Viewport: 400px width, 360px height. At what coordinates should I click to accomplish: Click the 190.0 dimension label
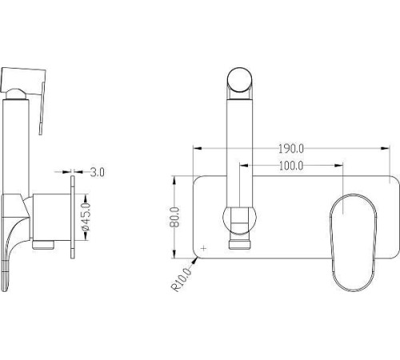pyautogui.click(x=291, y=149)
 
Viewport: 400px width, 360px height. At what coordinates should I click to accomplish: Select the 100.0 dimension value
pyautogui.click(x=291, y=166)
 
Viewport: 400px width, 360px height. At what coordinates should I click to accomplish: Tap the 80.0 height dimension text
pyautogui.click(x=174, y=217)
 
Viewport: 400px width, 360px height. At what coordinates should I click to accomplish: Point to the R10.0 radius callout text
pyautogui.click(x=182, y=279)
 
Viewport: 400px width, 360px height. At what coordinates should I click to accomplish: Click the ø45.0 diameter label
pyautogui.click(x=86, y=217)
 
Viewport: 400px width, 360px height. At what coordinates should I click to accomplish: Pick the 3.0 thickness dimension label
pyautogui.click(x=97, y=172)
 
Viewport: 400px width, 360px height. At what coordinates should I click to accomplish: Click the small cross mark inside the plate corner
pyautogui.click(x=204, y=249)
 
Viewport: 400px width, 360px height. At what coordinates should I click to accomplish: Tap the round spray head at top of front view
pyautogui.click(x=239, y=80)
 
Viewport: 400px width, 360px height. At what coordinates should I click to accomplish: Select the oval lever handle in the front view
pyautogui.click(x=354, y=242)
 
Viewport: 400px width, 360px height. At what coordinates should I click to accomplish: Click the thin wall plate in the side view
pyautogui.click(x=73, y=217)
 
